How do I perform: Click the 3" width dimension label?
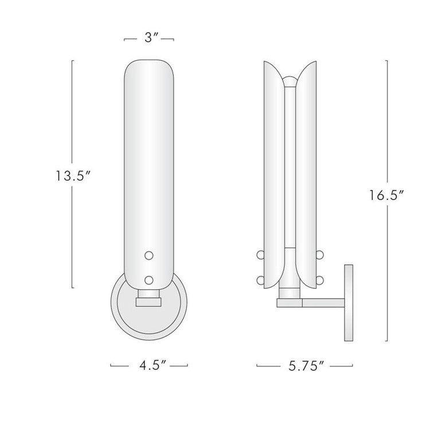pyautogui.click(x=149, y=39)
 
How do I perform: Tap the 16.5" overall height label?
pyautogui.click(x=388, y=195)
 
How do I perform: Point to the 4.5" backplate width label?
pyautogui.click(x=148, y=365)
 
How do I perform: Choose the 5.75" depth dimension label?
pyautogui.click(x=304, y=365)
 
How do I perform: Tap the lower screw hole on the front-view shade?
pyautogui.click(x=149, y=279)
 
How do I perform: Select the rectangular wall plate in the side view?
pyautogui.click(x=349, y=304)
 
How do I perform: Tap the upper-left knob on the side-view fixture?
pyautogui.click(x=259, y=254)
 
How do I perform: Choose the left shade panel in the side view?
pyautogui.click(x=272, y=172)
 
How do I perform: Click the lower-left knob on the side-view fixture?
pyautogui.click(x=259, y=280)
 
